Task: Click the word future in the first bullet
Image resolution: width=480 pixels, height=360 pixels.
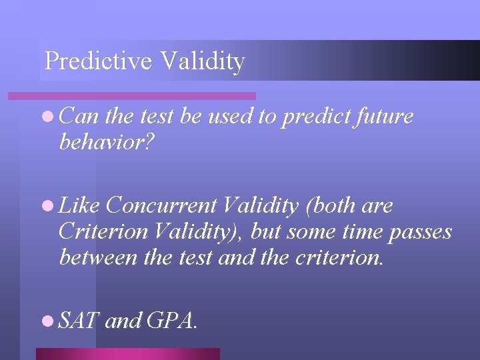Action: pos(384,117)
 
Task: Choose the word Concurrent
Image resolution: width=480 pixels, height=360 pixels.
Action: pos(161,207)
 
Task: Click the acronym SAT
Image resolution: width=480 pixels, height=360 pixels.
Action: pos(79,321)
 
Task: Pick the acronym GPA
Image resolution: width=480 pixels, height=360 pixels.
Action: pos(171,321)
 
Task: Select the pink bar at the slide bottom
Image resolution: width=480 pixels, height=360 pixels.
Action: pos(127,353)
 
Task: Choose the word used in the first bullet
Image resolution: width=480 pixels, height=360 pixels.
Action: pos(231,117)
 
